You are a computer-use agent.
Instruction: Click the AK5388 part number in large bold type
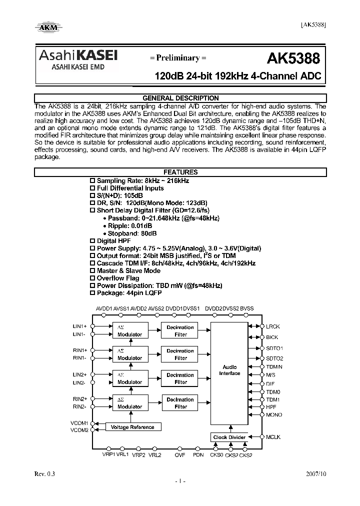tap(293, 58)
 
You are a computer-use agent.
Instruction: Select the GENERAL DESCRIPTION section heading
tap(180, 98)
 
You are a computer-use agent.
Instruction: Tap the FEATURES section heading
tap(180, 172)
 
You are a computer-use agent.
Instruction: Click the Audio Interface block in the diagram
tap(230, 370)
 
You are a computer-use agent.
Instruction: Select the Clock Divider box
tap(229, 437)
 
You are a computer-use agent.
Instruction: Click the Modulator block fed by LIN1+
tap(130, 331)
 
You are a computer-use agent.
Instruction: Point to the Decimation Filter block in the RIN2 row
tap(180, 403)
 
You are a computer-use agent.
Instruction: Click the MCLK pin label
tap(273, 437)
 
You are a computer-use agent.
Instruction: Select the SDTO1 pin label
tap(274, 348)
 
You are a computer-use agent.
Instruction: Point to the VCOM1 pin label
tap(79, 423)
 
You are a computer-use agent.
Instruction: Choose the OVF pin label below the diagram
tap(180, 455)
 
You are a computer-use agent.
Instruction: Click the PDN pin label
tap(198, 455)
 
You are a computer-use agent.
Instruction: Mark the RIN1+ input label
tap(80, 350)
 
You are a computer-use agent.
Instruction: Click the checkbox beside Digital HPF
tap(91, 241)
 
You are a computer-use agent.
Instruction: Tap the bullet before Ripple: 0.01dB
tap(104, 226)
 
